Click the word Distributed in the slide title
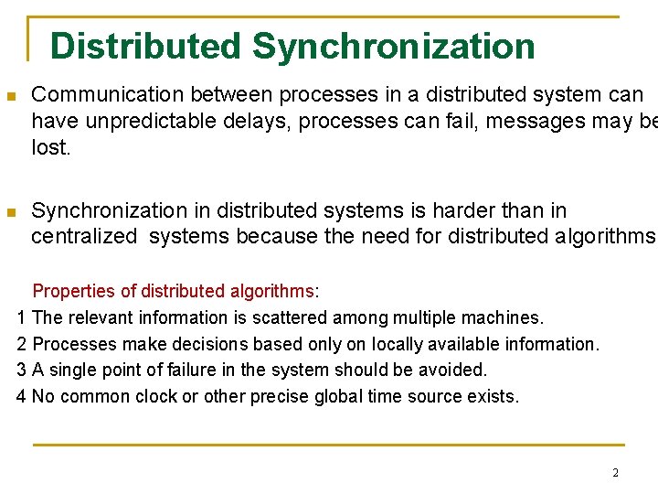tap(145, 46)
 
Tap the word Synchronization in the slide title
tap(394, 46)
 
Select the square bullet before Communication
tap(11, 96)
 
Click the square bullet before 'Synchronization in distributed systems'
tap(11, 212)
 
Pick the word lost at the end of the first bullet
tap(50, 147)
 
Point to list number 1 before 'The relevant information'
tap(23, 318)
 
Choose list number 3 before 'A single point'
tap(23, 370)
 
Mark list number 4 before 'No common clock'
tap(23, 397)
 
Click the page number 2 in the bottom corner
tap(615, 473)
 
